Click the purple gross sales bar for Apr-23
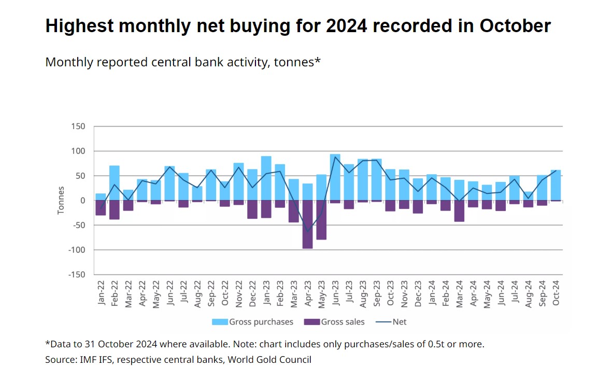tap(307, 224)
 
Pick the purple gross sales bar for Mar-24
tap(459, 211)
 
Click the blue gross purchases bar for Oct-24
tap(556, 185)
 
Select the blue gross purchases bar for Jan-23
tap(266, 178)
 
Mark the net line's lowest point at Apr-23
tap(307, 232)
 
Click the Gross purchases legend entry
tap(253, 322)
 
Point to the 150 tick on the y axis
tap(78, 126)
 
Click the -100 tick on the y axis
tap(75, 250)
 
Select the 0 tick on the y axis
tap(82, 201)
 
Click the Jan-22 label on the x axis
tap(101, 294)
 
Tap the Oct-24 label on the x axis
tap(556, 294)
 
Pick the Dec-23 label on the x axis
tap(418, 294)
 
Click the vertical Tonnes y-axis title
tap(61, 201)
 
